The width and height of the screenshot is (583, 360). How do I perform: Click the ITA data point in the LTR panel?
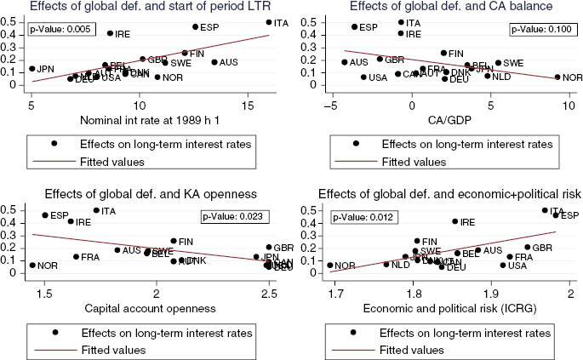(x=269, y=22)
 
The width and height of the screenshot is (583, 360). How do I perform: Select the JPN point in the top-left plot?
(x=31, y=69)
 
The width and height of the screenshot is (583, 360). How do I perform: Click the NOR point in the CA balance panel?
(x=557, y=77)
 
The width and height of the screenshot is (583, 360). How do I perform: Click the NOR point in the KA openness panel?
(x=32, y=266)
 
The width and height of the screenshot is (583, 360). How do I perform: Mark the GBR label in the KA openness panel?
(x=284, y=248)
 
